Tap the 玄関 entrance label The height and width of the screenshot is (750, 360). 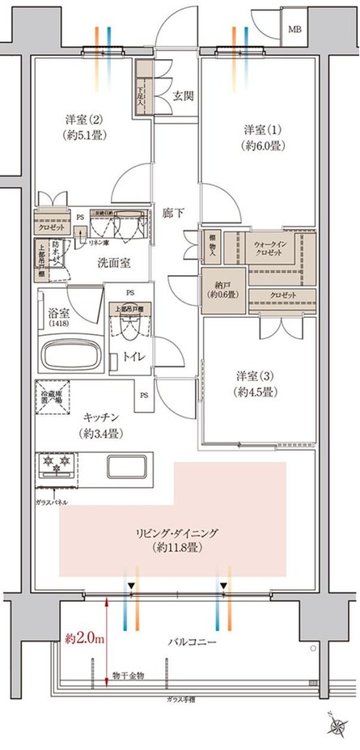pos(182,95)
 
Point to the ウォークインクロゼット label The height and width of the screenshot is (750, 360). pos(273,248)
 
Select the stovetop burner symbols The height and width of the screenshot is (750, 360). pos(57,468)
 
